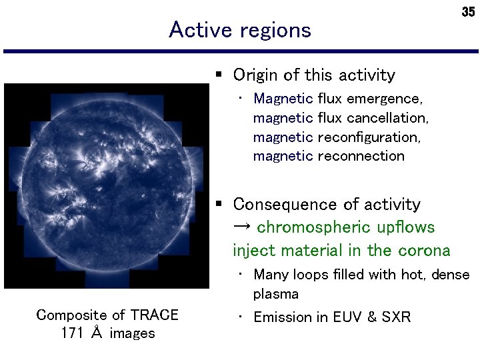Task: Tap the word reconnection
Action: pos(361,156)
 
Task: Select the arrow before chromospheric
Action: pos(242,227)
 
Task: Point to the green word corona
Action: pos(425,251)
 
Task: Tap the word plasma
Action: pos(275,294)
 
